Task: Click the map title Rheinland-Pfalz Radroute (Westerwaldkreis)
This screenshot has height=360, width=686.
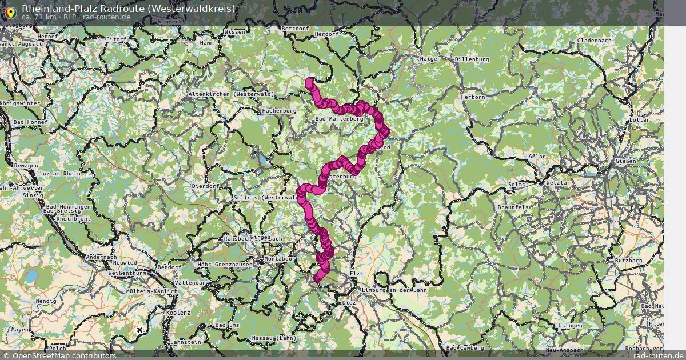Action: (x=128, y=8)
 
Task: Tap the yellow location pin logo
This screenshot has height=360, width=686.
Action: (x=10, y=11)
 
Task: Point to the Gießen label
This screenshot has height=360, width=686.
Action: (x=625, y=161)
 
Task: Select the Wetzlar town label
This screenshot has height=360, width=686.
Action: (x=559, y=183)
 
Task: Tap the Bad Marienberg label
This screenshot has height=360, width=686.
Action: (x=339, y=118)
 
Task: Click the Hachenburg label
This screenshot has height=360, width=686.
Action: (x=279, y=111)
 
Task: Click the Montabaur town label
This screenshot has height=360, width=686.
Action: (x=279, y=259)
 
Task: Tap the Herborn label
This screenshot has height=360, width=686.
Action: (x=473, y=97)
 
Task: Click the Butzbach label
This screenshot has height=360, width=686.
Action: (x=628, y=260)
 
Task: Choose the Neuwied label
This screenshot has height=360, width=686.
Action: (x=123, y=263)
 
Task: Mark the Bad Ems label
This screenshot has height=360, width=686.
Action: (x=227, y=325)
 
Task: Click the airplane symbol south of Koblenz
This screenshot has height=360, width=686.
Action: (x=140, y=330)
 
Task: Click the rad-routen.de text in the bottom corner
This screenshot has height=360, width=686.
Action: (x=659, y=355)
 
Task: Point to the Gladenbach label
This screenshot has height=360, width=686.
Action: (x=594, y=41)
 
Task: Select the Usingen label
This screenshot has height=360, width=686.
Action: (x=570, y=325)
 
